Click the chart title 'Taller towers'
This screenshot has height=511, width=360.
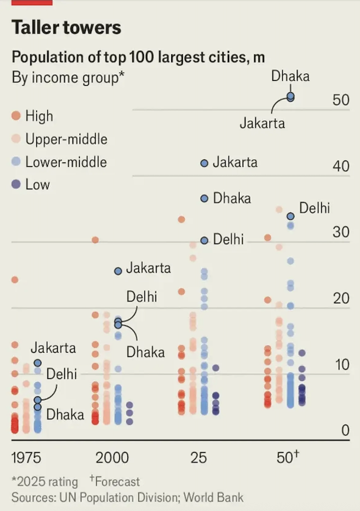(x=67, y=27)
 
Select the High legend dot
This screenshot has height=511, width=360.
(x=17, y=116)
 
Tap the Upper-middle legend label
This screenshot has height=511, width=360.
(x=66, y=139)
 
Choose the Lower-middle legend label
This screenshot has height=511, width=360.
(x=66, y=162)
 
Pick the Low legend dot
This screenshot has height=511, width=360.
(x=17, y=185)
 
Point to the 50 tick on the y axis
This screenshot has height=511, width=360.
(x=341, y=100)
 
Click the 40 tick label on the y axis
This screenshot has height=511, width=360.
(x=341, y=166)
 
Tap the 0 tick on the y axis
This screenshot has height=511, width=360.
(x=345, y=431)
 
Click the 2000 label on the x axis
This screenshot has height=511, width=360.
(x=112, y=457)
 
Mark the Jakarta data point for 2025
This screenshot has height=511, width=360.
(x=204, y=164)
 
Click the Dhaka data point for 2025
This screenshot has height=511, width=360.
(x=204, y=199)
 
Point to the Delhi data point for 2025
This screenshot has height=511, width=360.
(x=204, y=240)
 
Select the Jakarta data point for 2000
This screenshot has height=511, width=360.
(x=118, y=270)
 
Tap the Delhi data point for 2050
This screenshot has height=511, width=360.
(x=290, y=216)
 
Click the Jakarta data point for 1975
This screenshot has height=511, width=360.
(x=37, y=363)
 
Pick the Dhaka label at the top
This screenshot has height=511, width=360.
(x=290, y=76)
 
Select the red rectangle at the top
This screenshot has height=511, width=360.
(x=32, y=2)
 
